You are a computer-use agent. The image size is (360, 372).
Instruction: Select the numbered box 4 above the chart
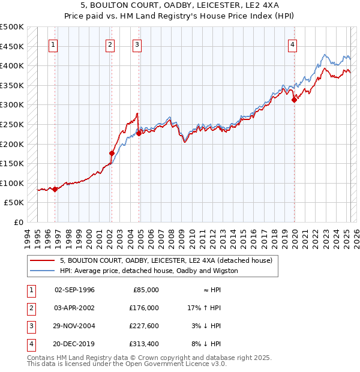(292, 44)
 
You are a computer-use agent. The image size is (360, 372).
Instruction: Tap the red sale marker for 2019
(294, 100)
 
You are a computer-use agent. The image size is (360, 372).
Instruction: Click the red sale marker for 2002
(112, 153)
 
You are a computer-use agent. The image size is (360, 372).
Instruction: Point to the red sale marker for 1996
(55, 189)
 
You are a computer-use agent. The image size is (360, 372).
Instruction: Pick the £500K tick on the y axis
(13, 27)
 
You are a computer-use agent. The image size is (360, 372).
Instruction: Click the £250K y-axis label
(13, 124)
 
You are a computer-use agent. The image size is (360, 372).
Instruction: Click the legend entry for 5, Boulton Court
(166, 260)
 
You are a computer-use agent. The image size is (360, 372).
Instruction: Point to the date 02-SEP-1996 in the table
(74, 290)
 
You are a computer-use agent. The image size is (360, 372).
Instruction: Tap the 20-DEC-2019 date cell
(74, 344)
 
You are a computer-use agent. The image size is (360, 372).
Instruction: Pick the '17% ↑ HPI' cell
(204, 308)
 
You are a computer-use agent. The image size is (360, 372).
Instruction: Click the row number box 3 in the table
(31, 326)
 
